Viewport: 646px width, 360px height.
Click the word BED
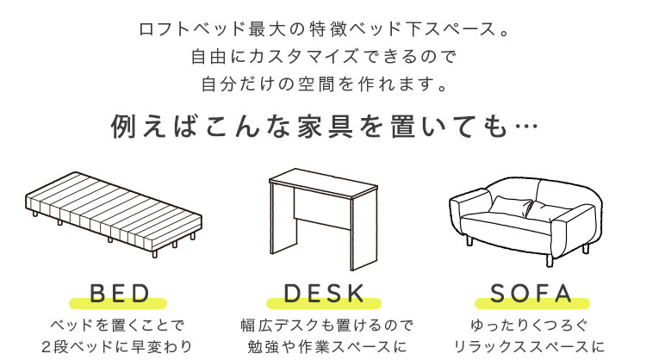click(x=120, y=294)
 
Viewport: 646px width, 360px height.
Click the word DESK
click(x=324, y=294)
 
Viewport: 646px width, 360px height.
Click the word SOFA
click(x=531, y=294)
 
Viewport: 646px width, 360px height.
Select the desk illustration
click(x=323, y=219)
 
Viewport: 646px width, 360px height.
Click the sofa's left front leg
click(x=469, y=240)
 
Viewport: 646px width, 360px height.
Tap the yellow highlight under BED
click(x=118, y=303)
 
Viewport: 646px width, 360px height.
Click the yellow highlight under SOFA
click(x=532, y=303)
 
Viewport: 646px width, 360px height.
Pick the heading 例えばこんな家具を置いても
click(x=309, y=126)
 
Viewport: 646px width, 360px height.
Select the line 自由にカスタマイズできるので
click(x=323, y=57)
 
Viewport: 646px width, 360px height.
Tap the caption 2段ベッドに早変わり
click(x=117, y=346)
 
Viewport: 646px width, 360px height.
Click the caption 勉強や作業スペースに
click(x=327, y=346)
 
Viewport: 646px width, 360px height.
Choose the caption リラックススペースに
click(x=529, y=346)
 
